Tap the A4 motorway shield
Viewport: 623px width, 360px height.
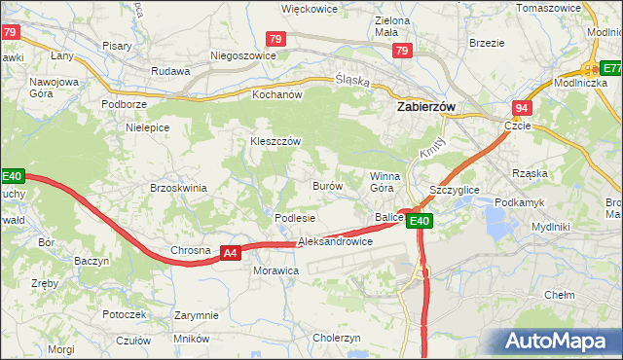pyautogui.click(x=230, y=253)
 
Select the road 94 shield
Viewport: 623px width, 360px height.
pyautogui.click(x=523, y=108)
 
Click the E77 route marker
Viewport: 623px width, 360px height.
pyautogui.click(x=610, y=68)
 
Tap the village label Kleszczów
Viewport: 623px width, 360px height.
pyautogui.click(x=275, y=141)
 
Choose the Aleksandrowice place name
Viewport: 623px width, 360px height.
pyautogui.click(x=335, y=240)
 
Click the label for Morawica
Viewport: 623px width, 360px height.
pyautogui.click(x=275, y=270)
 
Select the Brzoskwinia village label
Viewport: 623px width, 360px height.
pyautogui.click(x=178, y=188)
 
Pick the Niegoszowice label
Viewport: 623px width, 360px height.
pyautogui.click(x=232, y=55)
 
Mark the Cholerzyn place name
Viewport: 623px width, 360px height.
pyautogui.click(x=337, y=338)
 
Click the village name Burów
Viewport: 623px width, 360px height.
pyautogui.click(x=326, y=185)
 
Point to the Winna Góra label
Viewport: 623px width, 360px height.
pyautogui.click(x=382, y=182)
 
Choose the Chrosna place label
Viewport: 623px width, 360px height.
pyautogui.click(x=190, y=250)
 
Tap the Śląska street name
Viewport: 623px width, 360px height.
pyautogui.click(x=351, y=82)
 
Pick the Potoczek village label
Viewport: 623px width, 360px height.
pyautogui.click(x=125, y=315)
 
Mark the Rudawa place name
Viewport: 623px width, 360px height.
pyautogui.click(x=169, y=71)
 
